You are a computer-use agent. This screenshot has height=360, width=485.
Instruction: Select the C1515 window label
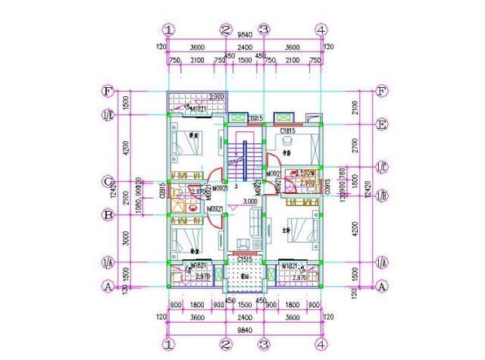coord(245,260)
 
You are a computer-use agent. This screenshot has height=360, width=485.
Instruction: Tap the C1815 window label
coord(287,132)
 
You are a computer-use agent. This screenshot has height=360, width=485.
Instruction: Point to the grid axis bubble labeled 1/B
coord(383,195)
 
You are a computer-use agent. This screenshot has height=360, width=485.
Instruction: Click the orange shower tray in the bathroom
coord(179,202)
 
